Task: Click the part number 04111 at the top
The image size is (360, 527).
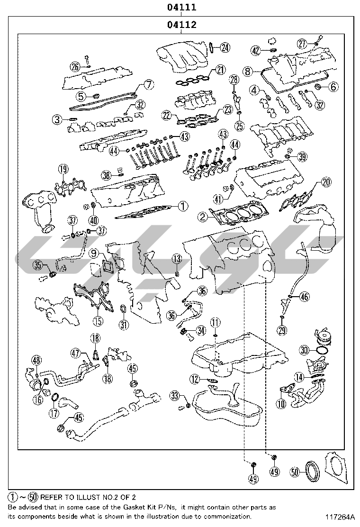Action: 180,8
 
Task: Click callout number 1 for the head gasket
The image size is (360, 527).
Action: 183,206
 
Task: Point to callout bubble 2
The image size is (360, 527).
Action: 202,217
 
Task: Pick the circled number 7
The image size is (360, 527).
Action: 148,85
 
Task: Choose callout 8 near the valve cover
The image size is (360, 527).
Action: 247,72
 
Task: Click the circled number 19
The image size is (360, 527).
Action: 63,169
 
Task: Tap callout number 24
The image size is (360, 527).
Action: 225,47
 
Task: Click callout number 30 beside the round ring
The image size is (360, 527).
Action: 304,350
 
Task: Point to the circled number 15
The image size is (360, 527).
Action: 98,321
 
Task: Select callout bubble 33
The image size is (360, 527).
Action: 175,396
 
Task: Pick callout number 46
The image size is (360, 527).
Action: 304,297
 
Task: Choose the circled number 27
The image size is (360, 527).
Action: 302,44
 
